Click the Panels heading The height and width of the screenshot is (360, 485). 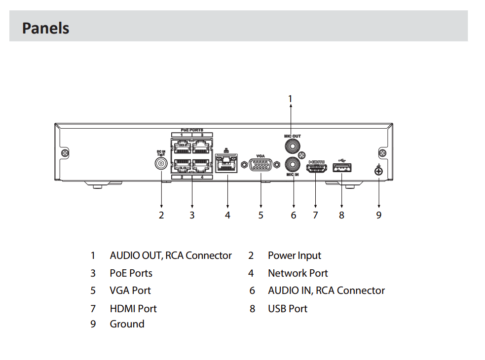(x=45, y=28)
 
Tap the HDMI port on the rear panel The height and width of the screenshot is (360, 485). (x=316, y=169)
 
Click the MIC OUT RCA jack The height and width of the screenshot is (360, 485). (x=291, y=146)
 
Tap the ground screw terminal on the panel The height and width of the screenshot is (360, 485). (x=378, y=171)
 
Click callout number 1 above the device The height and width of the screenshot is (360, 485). (x=291, y=98)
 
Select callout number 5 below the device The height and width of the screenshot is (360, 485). (x=261, y=215)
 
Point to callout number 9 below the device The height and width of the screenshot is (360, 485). (x=378, y=215)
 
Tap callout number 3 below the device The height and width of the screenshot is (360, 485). (x=192, y=215)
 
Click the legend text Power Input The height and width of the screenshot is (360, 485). (x=294, y=255)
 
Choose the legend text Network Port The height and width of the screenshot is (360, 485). (x=298, y=273)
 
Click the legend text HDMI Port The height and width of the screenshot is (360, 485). (x=133, y=309)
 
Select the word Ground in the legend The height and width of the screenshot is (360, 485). (x=127, y=324)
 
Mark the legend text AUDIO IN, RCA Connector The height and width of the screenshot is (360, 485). (x=326, y=290)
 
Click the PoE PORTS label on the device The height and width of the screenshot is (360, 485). (x=191, y=130)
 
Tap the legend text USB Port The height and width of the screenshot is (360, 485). (x=287, y=309)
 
